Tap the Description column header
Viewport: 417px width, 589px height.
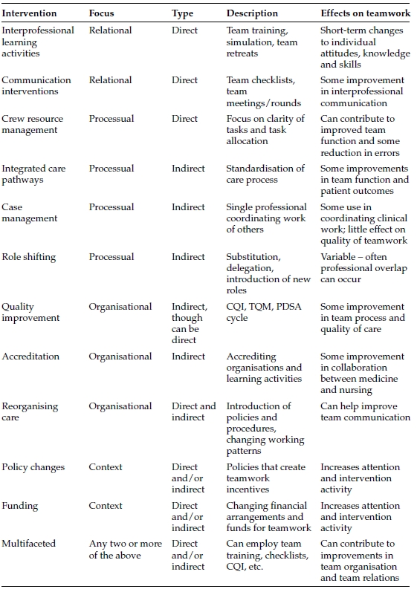252,13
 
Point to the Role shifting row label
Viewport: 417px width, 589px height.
29,257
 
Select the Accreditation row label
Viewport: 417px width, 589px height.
30,357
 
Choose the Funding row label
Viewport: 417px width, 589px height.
20,506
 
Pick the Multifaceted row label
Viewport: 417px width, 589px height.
29,544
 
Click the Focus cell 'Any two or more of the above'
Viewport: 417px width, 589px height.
125,549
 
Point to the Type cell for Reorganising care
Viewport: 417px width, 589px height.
193,411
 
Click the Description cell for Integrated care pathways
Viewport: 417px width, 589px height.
265,174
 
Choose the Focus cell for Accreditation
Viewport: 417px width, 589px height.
120,357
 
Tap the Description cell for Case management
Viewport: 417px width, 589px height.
266,218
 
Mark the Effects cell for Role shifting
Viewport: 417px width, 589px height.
363,268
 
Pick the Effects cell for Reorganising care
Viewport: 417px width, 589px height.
365,411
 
